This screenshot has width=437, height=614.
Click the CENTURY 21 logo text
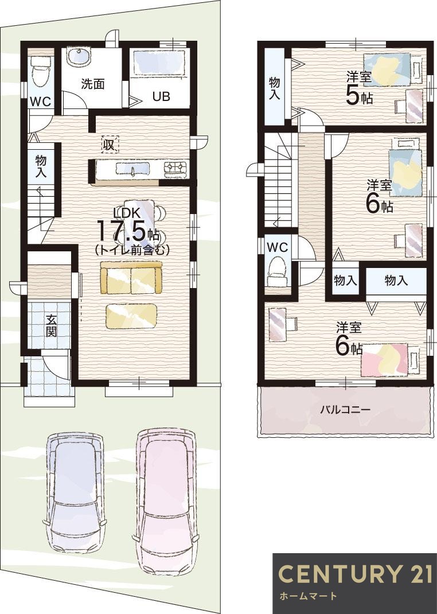pos(354,574)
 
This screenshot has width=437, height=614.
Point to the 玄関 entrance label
pos(52,326)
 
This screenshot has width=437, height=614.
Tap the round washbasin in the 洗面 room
pos(77,57)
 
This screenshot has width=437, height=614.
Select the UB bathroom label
pos(161,96)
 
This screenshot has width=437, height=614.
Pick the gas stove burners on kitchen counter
pos(175,168)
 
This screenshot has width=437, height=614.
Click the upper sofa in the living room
pos(131,278)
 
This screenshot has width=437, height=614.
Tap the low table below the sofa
pos(131,316)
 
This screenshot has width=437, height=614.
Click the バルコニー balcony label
pos(345,410)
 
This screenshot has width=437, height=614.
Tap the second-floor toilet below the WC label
pos(278,271)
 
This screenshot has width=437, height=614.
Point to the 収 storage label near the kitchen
pos(108,145)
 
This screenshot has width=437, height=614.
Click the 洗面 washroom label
pos(92,84)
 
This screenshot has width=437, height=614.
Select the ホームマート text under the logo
pos(309,596)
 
